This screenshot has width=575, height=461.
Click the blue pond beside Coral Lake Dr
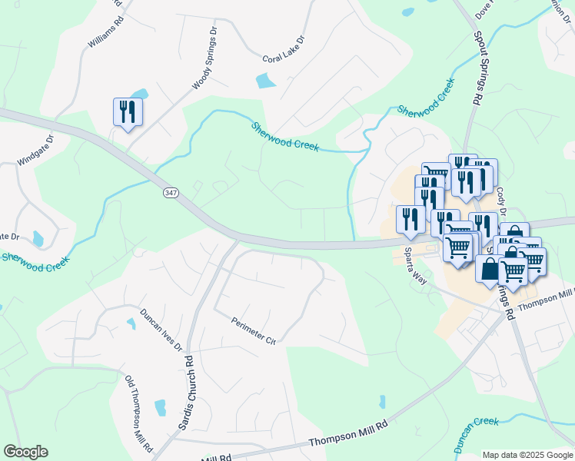(264, 80)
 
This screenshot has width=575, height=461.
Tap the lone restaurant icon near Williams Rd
(127, 111)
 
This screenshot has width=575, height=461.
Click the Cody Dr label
(501, 201)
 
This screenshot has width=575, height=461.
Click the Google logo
(25, 452)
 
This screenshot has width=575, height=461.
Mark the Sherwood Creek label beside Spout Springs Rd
(421, 101)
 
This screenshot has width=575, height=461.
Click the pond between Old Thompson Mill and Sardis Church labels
(160, 407)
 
